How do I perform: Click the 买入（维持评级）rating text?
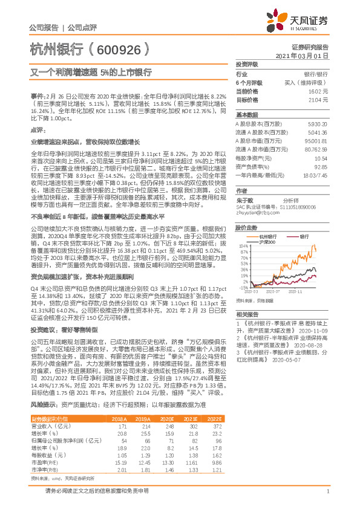click(307, 82)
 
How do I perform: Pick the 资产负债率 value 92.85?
click(321, 166)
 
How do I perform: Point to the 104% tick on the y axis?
click(243, 246)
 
